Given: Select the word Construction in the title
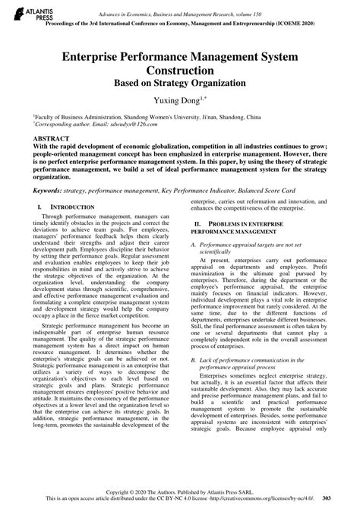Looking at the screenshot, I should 180,68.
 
